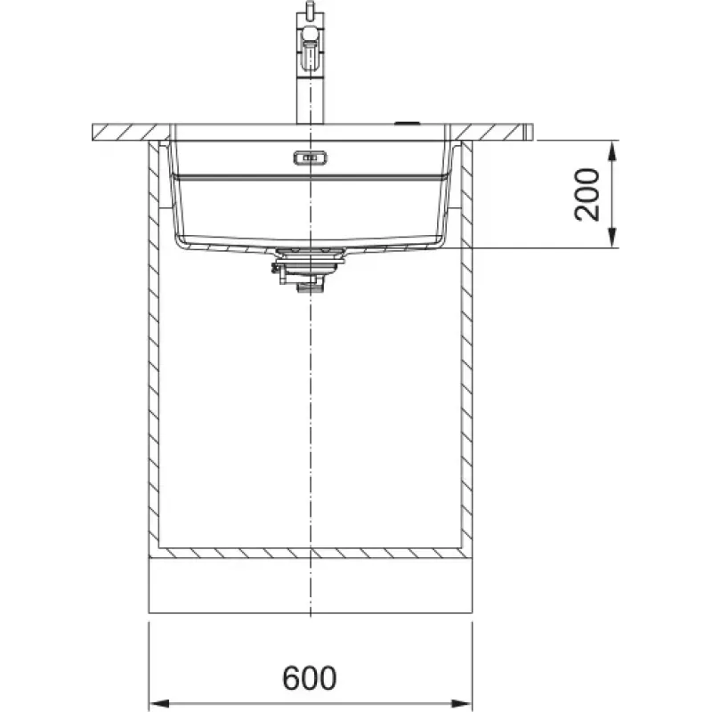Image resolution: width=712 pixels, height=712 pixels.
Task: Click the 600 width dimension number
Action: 309,678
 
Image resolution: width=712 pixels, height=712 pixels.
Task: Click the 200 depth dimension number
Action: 587,195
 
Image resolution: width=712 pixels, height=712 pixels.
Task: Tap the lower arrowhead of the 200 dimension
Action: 612,238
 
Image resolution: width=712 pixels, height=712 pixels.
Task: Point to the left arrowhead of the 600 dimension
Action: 159,703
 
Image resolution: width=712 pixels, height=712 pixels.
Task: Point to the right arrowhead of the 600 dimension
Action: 462,703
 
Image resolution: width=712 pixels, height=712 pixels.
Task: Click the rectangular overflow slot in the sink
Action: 310,158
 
